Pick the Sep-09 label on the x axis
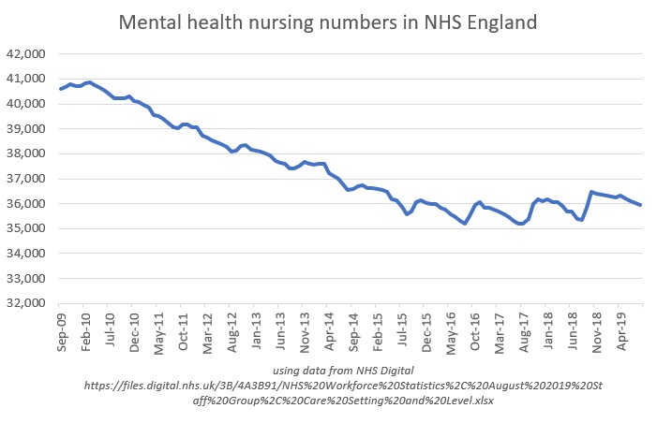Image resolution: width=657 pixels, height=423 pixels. [61, 328]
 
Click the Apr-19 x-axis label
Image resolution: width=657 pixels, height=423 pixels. [621, 328]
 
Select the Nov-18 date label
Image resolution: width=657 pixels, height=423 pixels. [597, 328]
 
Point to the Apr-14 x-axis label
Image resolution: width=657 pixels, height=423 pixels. [329, 328]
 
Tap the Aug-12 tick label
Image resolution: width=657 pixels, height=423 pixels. [231, 328]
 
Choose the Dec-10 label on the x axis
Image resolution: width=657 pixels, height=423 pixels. [134, 328]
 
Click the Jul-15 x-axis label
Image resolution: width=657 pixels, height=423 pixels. [402, 328]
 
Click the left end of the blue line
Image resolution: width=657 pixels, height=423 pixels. [60, 90]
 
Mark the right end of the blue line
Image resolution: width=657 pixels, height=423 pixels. [640, 205]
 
